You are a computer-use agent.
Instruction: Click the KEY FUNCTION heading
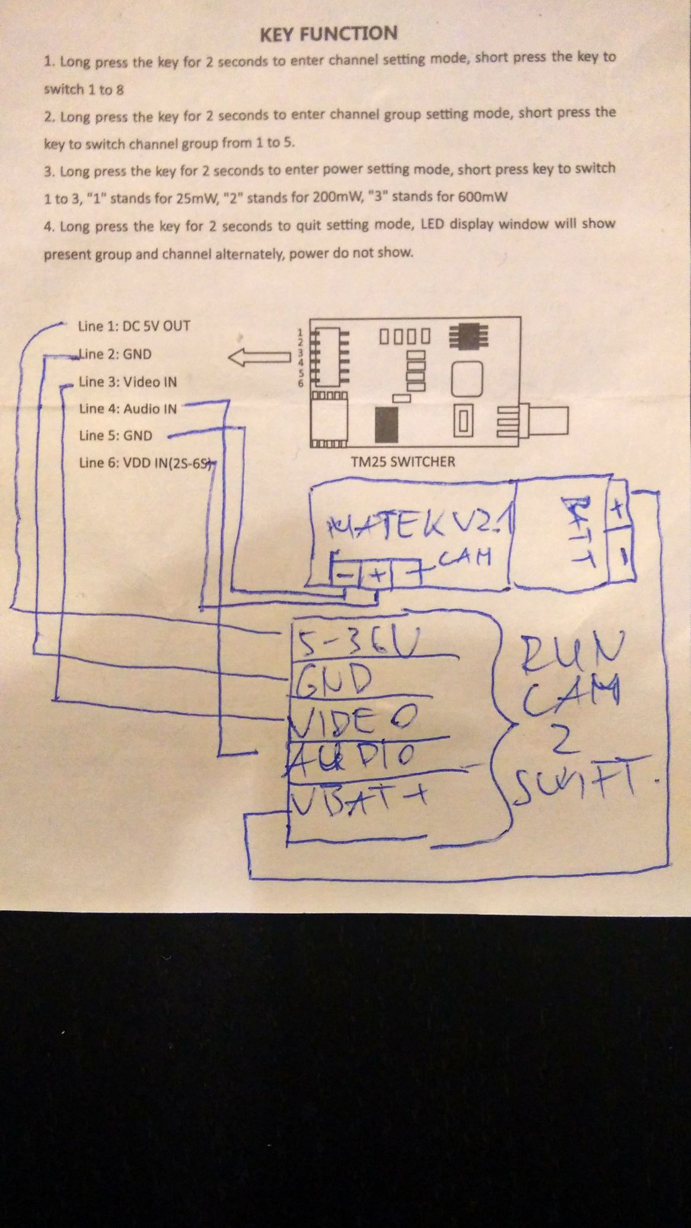pos(329,34)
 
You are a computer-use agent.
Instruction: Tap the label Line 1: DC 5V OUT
pos(134,326)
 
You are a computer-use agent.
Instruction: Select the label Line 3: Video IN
pos(128,382)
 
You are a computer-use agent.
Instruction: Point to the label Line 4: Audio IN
pos(128,409)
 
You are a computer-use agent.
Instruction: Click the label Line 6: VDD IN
pos(145,463)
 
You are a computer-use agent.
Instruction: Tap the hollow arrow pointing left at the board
pos(256,358)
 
